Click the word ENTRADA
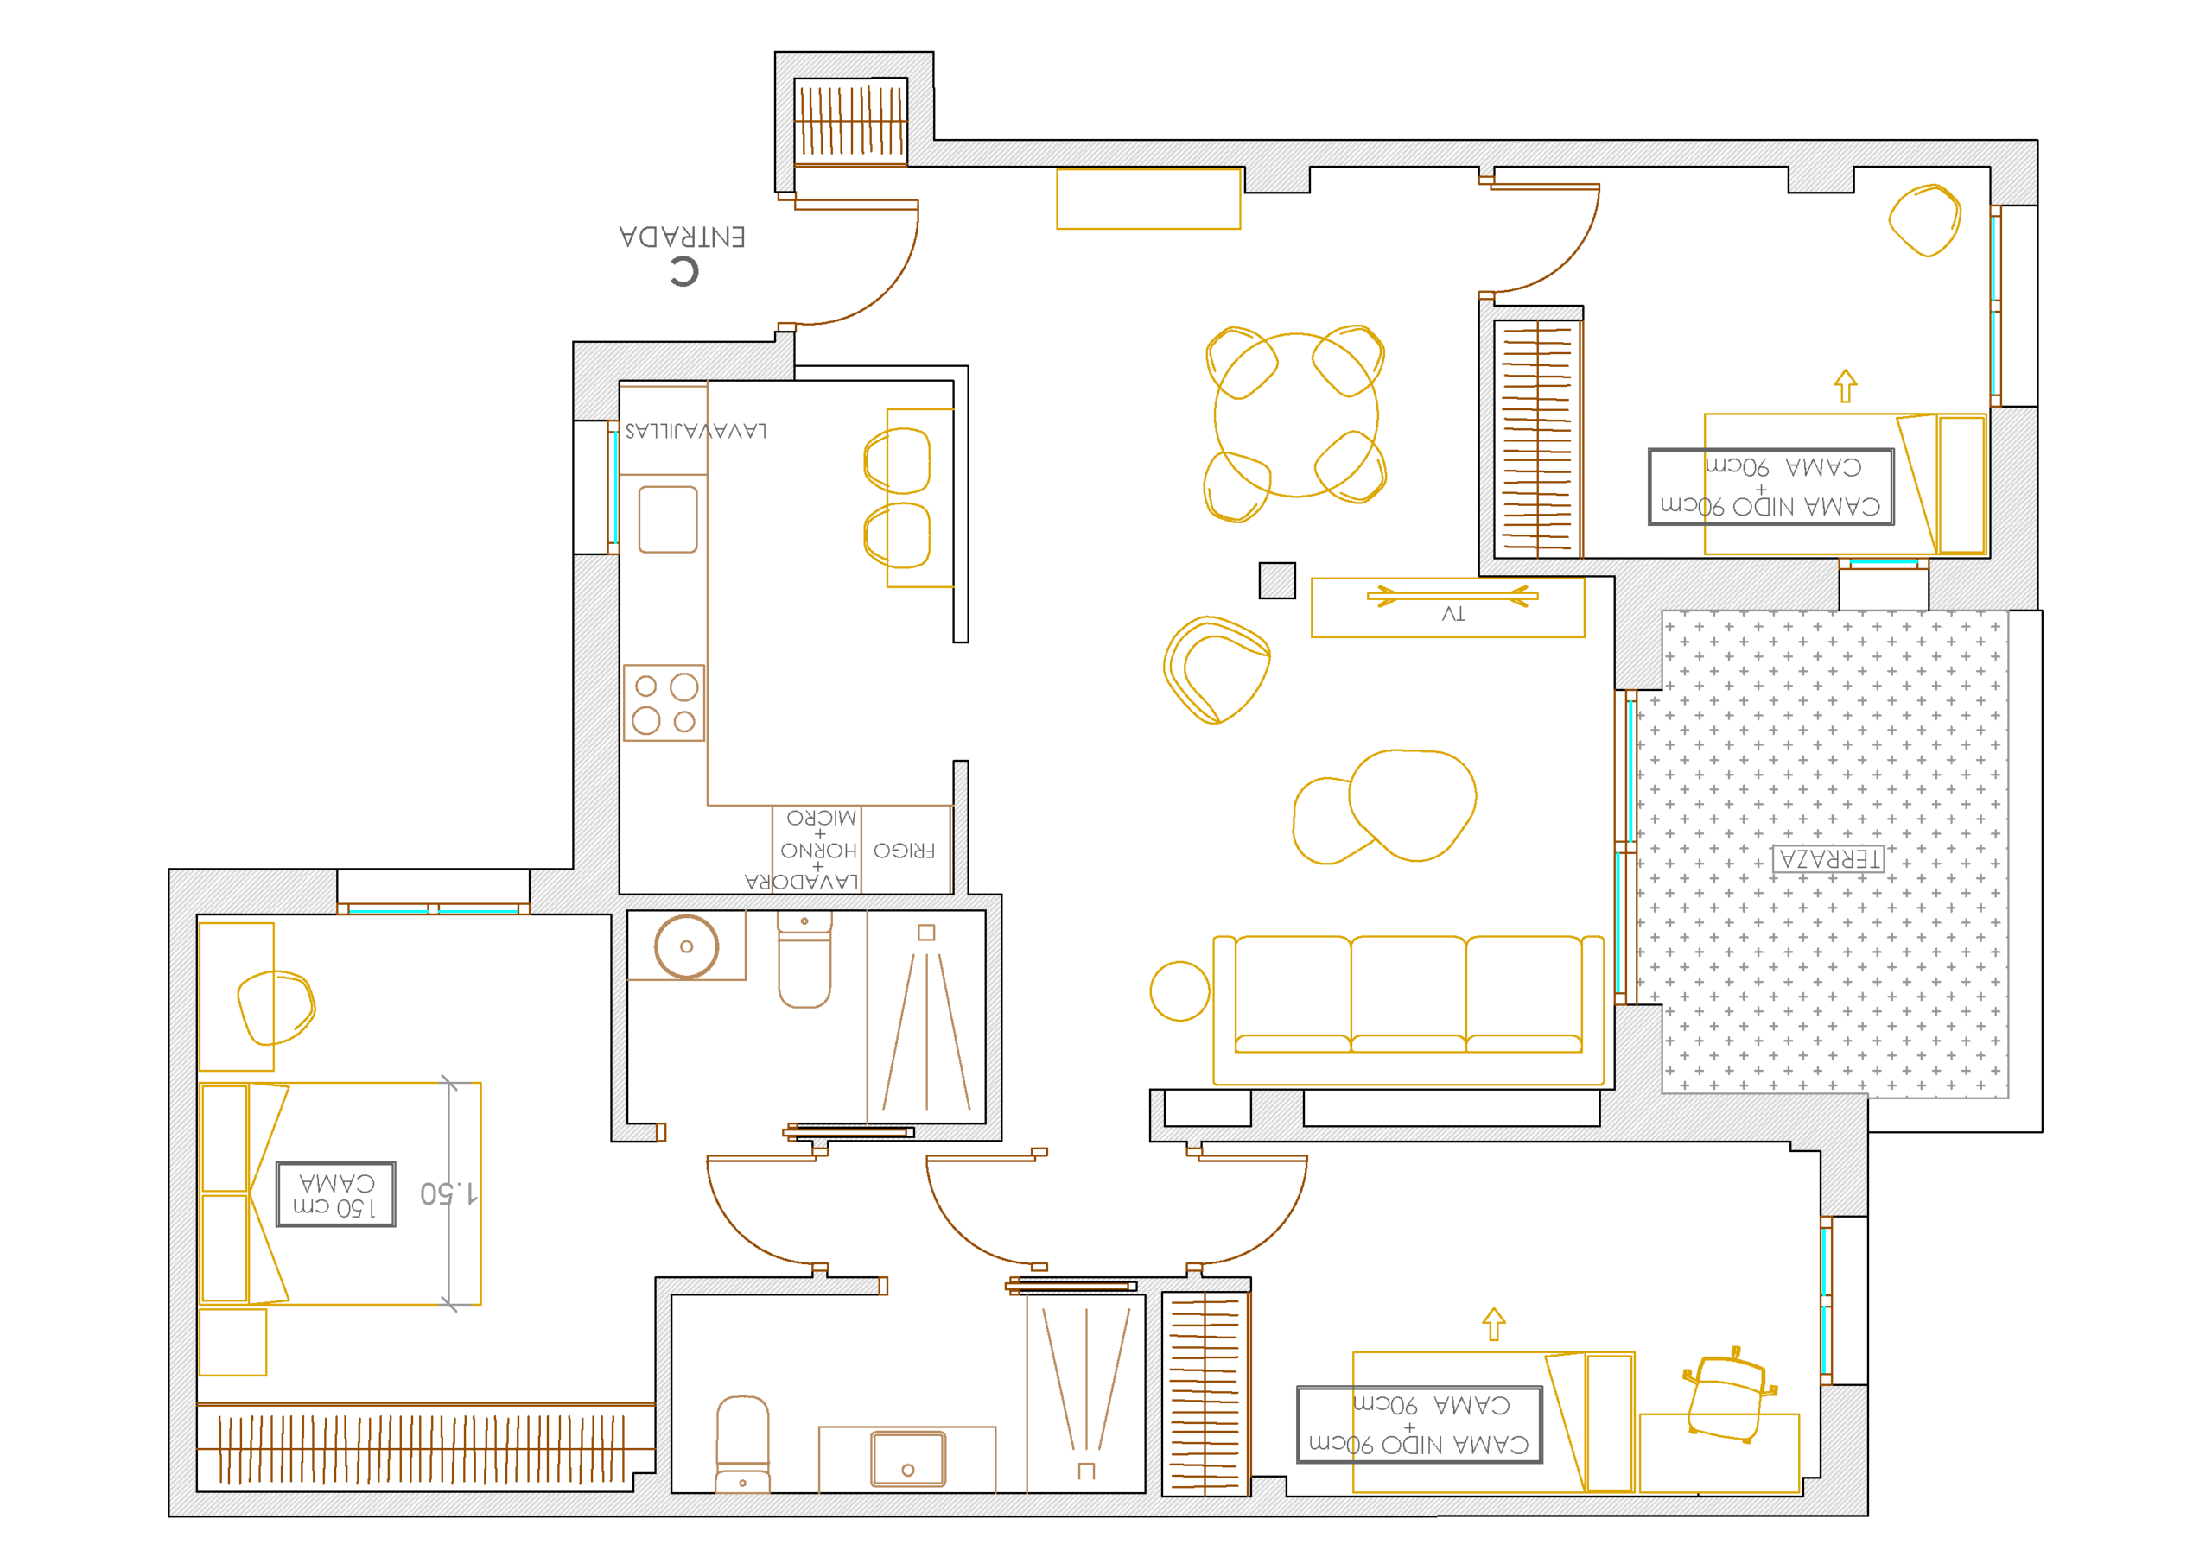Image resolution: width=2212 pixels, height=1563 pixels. (682, 237)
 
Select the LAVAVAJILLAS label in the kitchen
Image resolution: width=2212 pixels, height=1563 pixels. (696, 431)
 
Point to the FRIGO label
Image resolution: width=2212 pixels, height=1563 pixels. (904, 851)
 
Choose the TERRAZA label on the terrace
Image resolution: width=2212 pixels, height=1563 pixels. (1827, 859)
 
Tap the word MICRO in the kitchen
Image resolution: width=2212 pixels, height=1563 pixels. (821, 819)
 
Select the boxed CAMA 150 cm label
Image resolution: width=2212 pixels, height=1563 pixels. (336, 1194)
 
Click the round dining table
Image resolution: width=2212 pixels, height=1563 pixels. (1296, 415)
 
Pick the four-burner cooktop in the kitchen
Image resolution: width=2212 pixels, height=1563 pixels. (664, 703)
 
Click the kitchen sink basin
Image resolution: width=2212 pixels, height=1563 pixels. (668, 519)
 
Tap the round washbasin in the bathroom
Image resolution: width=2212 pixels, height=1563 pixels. (686, 946)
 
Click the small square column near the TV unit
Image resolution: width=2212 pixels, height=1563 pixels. (1277, 580)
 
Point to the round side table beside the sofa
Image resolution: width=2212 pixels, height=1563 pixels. (1179, 991)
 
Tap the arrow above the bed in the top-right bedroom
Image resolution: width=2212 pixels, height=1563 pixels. (1845, 386)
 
